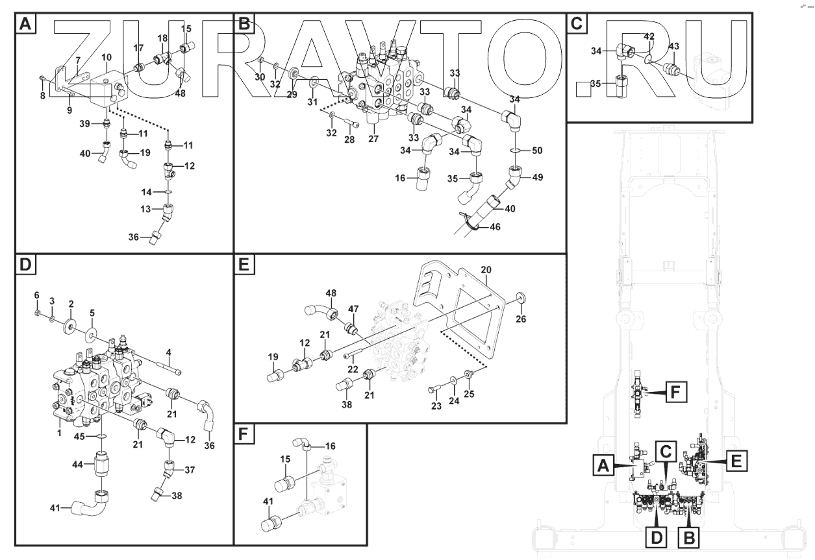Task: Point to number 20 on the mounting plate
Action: click(x=486, y=269)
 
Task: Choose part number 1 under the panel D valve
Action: click(x=59, y=431)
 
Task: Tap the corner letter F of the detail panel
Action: click(x=244, y=434)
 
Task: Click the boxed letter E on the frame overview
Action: click(x=734, y=461)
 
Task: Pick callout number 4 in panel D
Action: click(x=168, y=352)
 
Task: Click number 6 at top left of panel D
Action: click(x=37, y=295)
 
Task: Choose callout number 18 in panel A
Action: click(x=163, y=39)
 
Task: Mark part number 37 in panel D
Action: click(x=190, y=469)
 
